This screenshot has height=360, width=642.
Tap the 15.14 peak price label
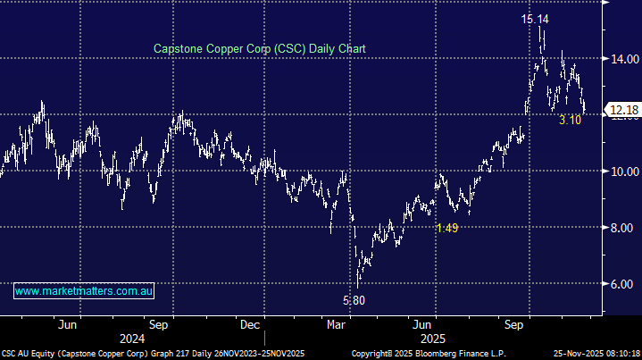[538, 18]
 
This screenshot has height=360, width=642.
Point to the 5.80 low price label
[354, 300]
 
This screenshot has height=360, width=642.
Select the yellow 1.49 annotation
[447, 229]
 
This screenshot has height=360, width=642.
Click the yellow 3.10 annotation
[571, 120]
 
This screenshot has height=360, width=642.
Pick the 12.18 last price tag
[622, 110]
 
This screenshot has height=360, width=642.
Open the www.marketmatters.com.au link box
[85, 291]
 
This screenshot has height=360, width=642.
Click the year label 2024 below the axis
[131, 339]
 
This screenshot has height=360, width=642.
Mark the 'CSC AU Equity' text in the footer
[29, 354]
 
